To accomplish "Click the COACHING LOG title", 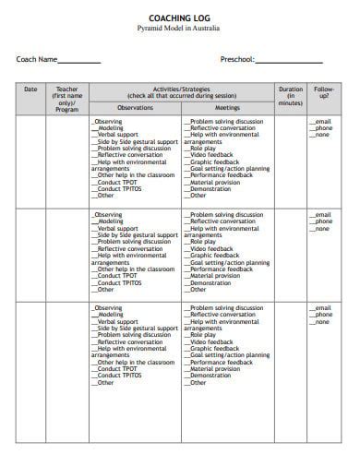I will point(180,17).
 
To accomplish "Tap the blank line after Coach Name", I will point(79,61).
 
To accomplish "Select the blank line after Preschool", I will point(287,61).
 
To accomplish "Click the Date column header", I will point(30,89).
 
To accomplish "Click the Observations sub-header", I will point(135,108).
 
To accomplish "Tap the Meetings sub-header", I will point(227,108).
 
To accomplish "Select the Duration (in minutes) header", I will point(290,95).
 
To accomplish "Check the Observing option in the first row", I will point(108,122).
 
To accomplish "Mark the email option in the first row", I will point(321,122).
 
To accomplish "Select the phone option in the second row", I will point(322,221).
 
